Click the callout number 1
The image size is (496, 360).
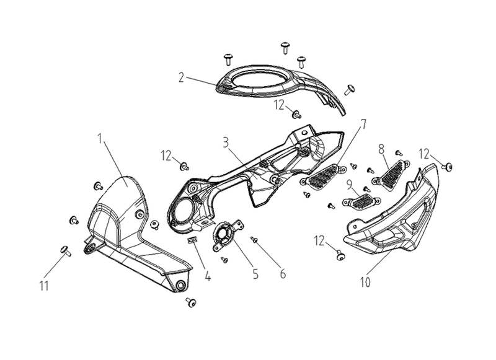pyautogui.click(x=100, y=139)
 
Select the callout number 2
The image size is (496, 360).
pyautogui.click(x=181, y=77)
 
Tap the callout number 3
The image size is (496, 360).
pyautogui.click(x=226, y=143)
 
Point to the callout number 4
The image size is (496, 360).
pyautogui.click(x=208, y=276)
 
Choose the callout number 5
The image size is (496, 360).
pyautogui.click(x=255, y=274)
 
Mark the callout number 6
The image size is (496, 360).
pyautogui.click(x=283, y=274)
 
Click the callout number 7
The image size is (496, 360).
pyautogui.click(x=364, y=124)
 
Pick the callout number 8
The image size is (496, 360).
pyautogui.click(x=381, y=149)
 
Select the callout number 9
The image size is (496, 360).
pyautogui.click(x=349, y=185)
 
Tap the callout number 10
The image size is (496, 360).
pyautogui.click(x=365, y=283)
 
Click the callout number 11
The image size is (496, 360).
pyautogui.click(x=44, y=286)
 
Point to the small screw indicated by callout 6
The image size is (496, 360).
pyautogui.click(x=254, y=240)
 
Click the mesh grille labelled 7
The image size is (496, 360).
pyautogui.click(x=323, y=177)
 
